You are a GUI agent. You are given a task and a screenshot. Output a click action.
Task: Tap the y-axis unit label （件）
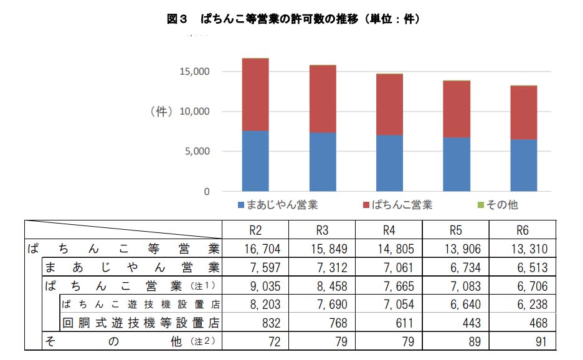point(161,112)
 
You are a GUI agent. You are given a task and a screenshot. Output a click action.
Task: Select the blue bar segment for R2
point(255,161)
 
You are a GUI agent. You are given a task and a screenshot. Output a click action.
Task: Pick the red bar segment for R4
point(389,105)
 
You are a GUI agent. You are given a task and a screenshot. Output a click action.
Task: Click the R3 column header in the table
point(322,230)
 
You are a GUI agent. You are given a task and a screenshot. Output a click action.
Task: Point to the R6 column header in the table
point(522,230)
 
